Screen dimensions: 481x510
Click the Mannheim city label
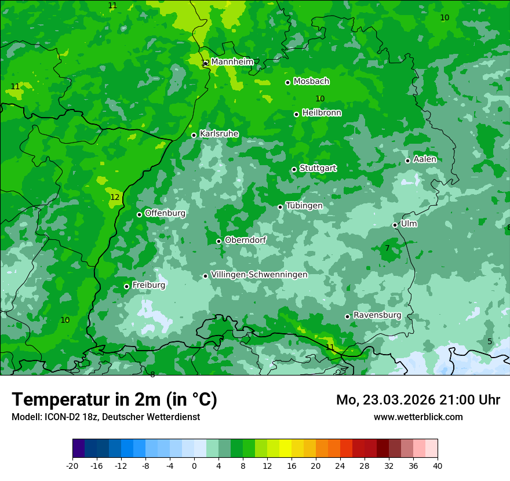pyautogui.click(x=232, y=62)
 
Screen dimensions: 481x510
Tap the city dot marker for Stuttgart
pyautogui.click(x=294, y=169)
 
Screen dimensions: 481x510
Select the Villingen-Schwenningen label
pyautogui.click(x=259, y=275)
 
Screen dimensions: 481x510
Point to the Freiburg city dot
pyautogui.click(x=126, y=286)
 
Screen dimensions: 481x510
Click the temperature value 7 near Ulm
pyautogui.click(x=387, y=249)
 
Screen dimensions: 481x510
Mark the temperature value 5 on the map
pyautogui.click(x=490, y=342)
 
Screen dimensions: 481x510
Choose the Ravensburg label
pyautogui.click(x=377, y=315)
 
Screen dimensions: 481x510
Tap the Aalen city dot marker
pyautogui.click(x=407, y=161)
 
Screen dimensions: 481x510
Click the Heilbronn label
pyautogui.click(x=322, y=113)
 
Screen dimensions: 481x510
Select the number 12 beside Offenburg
pyautogui.click(x=115, y=198)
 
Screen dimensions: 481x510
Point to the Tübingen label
pyautogui.click(x=304, y=206)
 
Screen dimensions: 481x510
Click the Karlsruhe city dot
pyautogui.click(x=194, y=135)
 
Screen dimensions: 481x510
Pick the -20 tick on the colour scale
pyautogui.click(x=72, y=465)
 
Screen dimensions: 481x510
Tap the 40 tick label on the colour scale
pyautogui.click(x=438, y=465)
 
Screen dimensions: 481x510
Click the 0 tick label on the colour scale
pyautogui.click(x=194, y=465)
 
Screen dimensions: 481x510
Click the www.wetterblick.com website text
pyautogui.click(x=418, y=417)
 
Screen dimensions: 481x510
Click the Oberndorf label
pyautogui.click(x=245, y=240)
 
